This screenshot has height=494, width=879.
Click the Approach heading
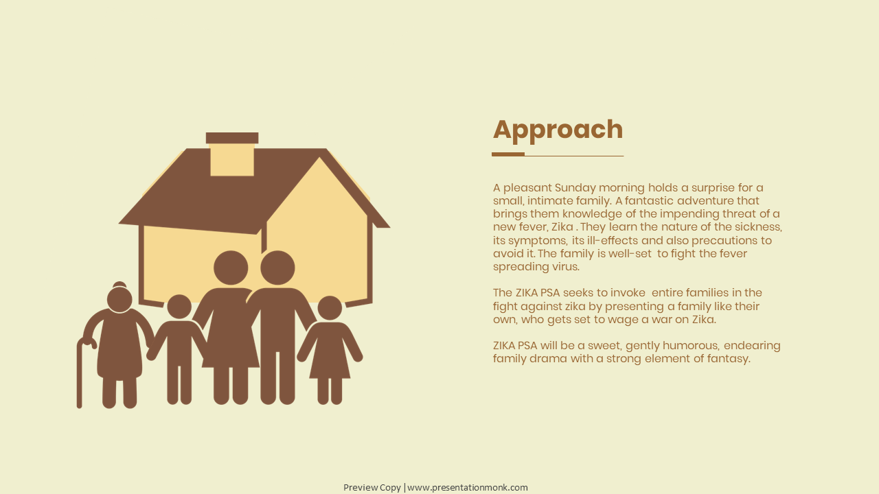558,130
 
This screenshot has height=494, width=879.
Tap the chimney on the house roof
232,154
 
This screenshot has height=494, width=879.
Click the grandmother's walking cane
82,373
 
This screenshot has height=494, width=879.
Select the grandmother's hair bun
119,285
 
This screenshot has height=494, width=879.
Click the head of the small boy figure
179,307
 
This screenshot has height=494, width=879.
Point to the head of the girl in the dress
330,308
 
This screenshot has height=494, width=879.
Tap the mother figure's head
231,268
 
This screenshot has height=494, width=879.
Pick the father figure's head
277,268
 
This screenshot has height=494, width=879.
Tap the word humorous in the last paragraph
691,346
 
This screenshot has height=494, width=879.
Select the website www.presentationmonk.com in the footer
468,488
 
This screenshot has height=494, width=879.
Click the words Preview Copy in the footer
372,488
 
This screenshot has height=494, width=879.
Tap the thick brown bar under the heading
508,154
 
